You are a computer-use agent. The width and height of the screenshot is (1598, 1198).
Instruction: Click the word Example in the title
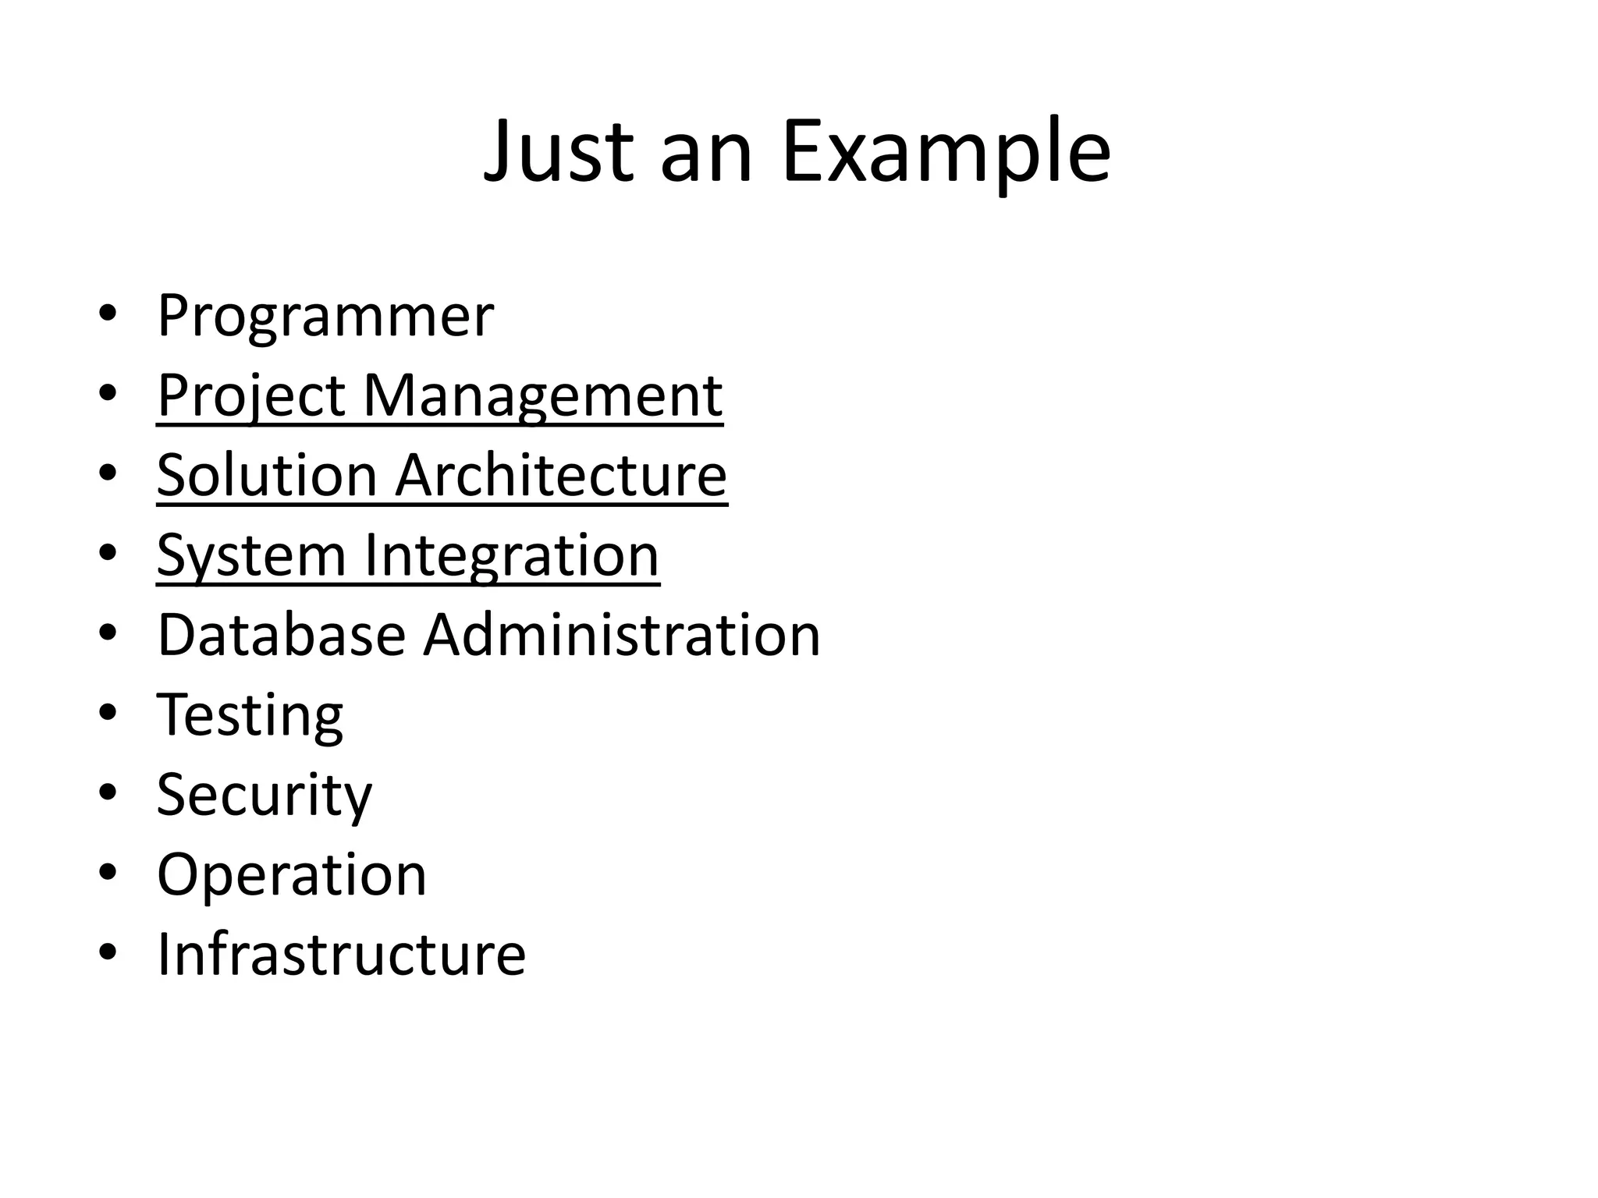[946, 151]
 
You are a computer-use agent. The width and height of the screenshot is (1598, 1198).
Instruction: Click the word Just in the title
[559, 151]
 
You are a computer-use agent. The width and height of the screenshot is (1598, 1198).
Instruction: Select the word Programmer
[325, 317]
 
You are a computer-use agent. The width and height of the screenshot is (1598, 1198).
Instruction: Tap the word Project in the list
[251, 396]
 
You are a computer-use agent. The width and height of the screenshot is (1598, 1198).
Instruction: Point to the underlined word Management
[543, 396]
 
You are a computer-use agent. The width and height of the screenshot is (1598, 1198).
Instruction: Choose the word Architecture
[561, 476]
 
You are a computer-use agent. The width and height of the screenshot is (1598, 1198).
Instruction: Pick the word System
[251, 556]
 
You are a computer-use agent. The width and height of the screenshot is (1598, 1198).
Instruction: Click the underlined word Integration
[511, 556]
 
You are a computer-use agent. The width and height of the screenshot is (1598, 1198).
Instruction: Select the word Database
[281, 636]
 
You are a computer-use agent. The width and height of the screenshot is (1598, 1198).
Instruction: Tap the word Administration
[622, 636]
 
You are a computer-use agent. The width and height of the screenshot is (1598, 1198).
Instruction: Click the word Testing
[250, 716]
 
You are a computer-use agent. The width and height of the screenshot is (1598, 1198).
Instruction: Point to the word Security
[265, 796]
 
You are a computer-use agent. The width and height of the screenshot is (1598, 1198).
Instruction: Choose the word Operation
[292, 875]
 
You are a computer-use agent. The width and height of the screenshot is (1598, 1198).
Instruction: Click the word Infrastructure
[342, 955]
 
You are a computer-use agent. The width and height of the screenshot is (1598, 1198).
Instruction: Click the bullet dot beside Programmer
[108, 314]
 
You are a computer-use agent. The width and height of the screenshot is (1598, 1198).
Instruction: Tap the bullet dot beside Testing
[108, 713]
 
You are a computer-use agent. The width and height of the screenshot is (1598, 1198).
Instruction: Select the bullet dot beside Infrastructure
[108, 952]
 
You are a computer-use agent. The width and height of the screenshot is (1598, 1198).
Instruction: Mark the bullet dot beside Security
[108, 792]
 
